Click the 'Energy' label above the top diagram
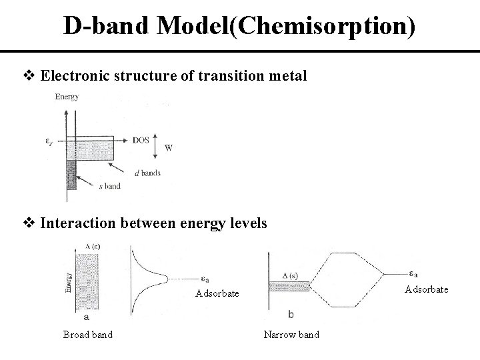click(67, 97)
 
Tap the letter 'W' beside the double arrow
click(169, 148)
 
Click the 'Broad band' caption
click(87, 334)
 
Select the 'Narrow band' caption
click(291, 334)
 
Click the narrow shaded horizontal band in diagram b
click(289, 287)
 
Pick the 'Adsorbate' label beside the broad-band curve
click(217, 294)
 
